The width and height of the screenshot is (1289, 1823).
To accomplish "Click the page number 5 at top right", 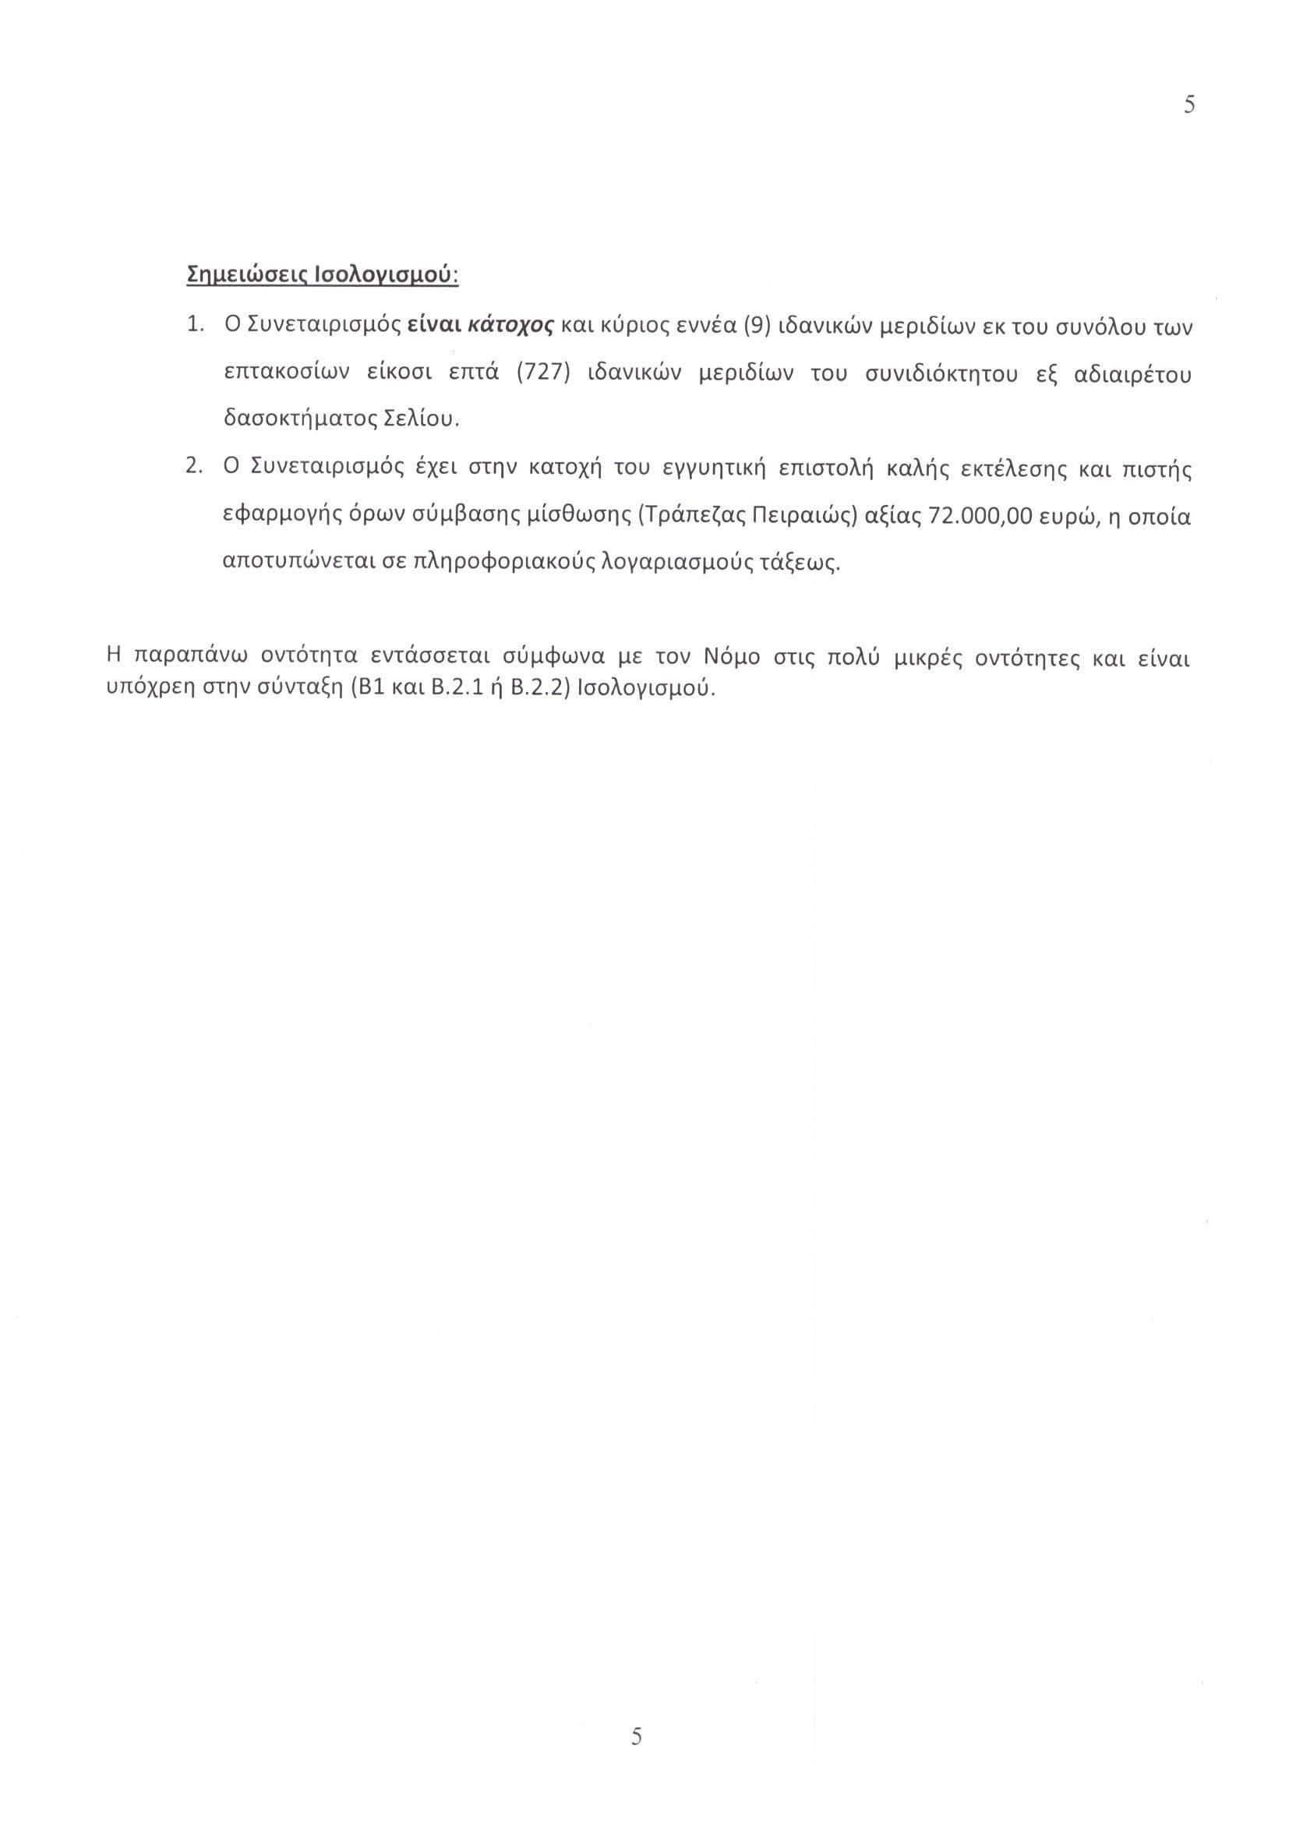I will tap(1189, 104).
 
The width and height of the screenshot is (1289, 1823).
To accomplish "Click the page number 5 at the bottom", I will tap(637, 1736).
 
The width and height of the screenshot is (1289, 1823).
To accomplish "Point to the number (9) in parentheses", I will tap(750, 326).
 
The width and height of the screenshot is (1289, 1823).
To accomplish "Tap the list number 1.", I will tap(194, 326).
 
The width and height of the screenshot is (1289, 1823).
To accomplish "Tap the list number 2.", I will tap(194, 467).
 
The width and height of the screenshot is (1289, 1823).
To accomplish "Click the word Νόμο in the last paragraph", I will tap(732, 659).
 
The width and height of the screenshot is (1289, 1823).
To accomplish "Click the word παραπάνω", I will tap(187, 659).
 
